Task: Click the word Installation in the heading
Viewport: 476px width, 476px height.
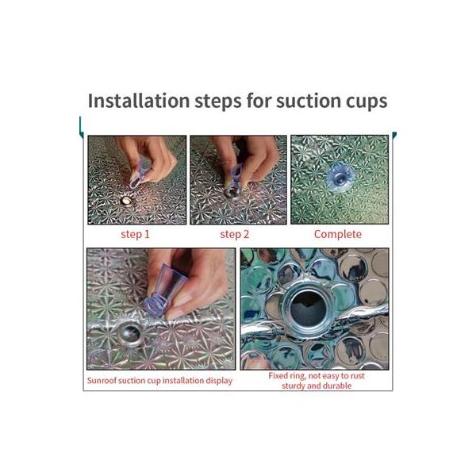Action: point(139,101)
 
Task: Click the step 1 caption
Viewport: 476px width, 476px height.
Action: point(135,234)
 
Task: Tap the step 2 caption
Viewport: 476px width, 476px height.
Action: point(234,234)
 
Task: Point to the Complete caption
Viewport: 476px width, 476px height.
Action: point(338,234)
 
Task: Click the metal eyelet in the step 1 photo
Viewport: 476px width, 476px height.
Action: point(125,201)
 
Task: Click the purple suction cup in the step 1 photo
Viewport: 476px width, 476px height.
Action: point(138,174)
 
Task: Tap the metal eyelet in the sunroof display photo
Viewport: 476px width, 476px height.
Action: point(131,334)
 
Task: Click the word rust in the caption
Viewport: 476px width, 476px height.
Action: point(358,376)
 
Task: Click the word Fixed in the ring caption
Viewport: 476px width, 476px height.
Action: point(278,376)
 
